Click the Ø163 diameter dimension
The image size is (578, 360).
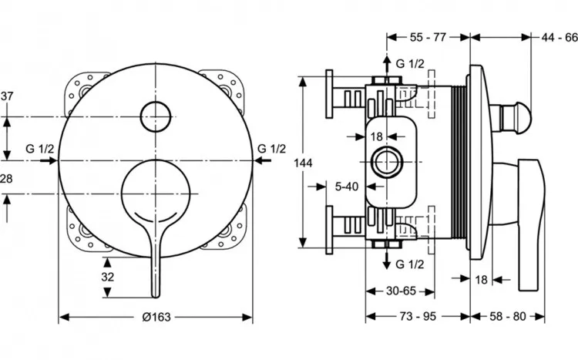(156, 317)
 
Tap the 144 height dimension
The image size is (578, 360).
(303, 163)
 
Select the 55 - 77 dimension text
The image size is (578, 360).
(428, 37)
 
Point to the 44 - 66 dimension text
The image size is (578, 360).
(560, 37)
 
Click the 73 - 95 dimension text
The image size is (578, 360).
(418, 316)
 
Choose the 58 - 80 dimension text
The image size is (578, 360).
(508, 316)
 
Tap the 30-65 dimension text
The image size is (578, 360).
(401, 291)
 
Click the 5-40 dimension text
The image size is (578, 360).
(347, 187)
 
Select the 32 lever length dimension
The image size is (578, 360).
(108, 277)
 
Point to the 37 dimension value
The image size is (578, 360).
(7, 96)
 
